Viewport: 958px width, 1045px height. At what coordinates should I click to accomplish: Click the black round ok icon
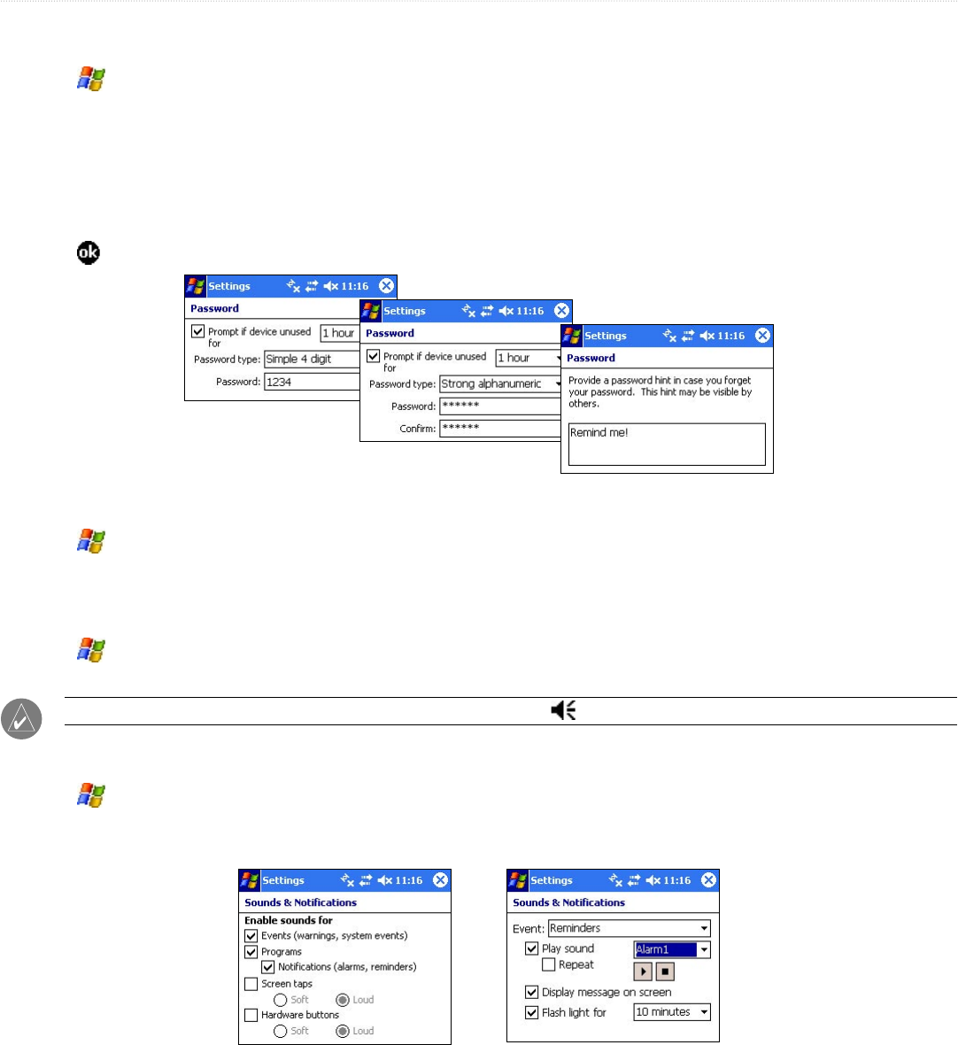(x=88, y=253)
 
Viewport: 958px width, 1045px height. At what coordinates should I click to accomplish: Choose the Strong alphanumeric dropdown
(x=501, y=383)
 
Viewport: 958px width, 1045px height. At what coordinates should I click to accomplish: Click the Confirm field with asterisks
(x=501, y=429)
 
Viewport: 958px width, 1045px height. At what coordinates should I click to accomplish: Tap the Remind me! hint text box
(x=667, y=444)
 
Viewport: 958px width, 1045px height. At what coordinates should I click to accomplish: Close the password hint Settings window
(x=762, y=336)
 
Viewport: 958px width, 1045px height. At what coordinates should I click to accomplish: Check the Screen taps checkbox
(x=251, y=983)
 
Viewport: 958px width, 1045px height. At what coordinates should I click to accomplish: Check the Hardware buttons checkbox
(x=251, y=1015)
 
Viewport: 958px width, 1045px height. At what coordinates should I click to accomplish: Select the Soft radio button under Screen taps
(x=280, y=1000)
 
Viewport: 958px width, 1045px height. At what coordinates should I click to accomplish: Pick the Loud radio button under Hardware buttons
(x=343, y=1031)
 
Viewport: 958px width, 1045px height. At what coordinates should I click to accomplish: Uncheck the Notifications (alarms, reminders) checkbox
(x=268, y=967)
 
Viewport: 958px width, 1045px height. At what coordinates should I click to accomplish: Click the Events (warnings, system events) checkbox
(x=251, y=935)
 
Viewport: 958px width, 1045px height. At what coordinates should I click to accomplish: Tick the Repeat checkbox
(x=549, y=964)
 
